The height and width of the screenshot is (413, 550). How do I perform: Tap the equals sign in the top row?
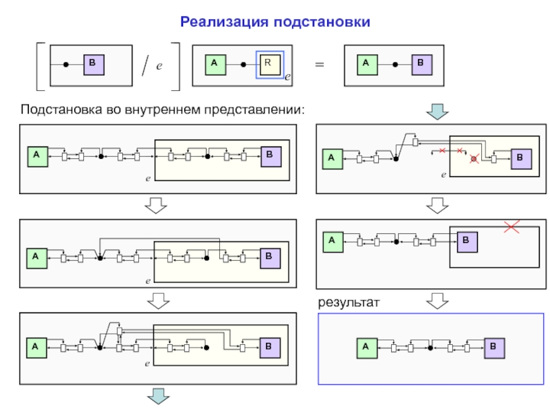319,64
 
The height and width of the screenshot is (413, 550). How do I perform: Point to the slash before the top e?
144,67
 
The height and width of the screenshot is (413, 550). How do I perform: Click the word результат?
349,302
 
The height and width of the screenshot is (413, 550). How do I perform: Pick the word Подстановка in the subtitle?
60,109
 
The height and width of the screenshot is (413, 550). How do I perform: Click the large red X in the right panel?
511,226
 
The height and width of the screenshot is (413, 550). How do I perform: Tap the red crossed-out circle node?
474,160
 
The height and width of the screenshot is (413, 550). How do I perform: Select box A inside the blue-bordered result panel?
366,348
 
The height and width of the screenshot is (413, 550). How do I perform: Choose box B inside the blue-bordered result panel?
494,348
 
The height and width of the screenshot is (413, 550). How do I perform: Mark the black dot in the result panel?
430,348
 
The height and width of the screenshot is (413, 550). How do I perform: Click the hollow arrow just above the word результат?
437,301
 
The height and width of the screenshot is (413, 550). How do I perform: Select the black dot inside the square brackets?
66,65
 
